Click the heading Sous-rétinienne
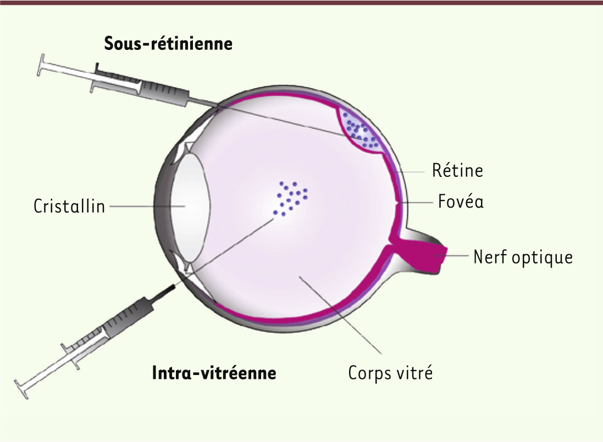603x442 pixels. [168, 43]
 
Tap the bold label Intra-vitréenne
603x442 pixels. [214, 372]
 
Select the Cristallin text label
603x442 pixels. [69, 206]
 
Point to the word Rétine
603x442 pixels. [457, 171]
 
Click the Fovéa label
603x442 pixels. [461, 201]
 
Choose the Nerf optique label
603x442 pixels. [523, 258]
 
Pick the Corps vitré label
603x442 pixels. [390, 372]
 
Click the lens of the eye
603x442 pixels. [190, 206]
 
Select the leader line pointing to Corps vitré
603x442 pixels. [341, 315]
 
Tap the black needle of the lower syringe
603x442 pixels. [164, 291]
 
